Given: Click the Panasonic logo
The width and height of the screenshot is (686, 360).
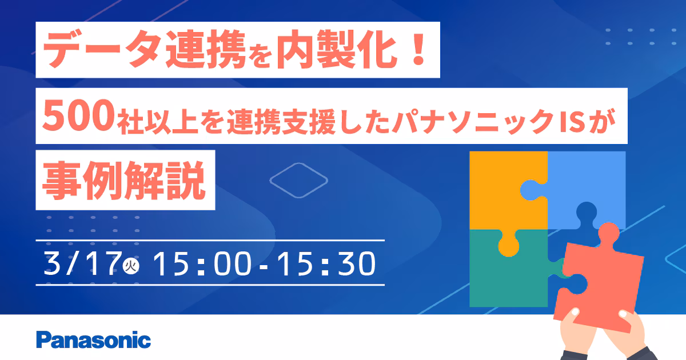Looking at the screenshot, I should (x=94, y=339).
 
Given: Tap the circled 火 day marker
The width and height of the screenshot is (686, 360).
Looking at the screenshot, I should (x=131, y=266).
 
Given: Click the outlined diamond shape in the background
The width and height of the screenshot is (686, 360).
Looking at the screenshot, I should (x=298, y=180).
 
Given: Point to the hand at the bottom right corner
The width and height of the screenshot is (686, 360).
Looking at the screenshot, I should (x=640, y=331).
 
